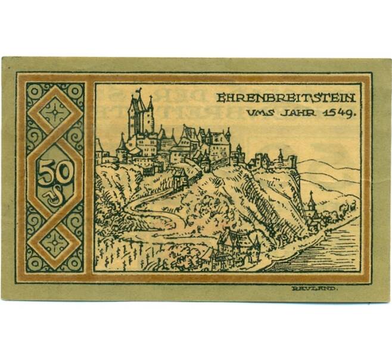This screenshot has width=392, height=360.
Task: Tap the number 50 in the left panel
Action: (55, 172)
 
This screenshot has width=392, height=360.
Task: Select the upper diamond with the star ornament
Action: (55, 112)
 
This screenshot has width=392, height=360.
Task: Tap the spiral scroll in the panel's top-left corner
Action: (32, 89)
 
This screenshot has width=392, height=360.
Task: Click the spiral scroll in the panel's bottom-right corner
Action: (77, 265)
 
